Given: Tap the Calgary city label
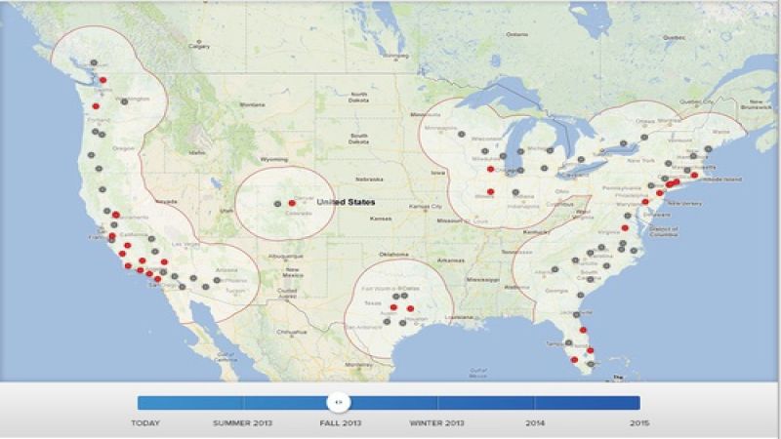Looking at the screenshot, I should point(200,46).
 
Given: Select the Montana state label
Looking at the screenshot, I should point(252,104).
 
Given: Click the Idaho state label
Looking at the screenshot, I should point(198,153).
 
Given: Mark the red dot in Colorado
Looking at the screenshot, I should point(292,203).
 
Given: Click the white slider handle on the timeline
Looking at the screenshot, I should point(337,402).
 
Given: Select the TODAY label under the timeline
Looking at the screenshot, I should point(146,423).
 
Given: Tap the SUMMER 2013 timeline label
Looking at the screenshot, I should point(243,423).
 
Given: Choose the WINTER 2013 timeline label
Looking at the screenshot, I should point(437,423).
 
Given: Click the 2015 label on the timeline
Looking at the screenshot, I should point(638,423).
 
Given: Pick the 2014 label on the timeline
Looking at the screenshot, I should point(535,423).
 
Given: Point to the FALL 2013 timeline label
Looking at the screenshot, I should point(340,423).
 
